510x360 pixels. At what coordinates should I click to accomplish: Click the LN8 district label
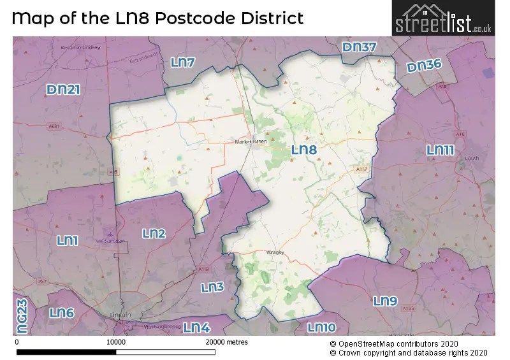click(x=303, y=150)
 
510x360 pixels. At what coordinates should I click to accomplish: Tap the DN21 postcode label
click(x=63, y=90)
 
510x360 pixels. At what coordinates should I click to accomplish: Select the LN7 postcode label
click(x=183, y=62)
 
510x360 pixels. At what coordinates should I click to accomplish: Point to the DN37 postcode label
click(x=359, y=47)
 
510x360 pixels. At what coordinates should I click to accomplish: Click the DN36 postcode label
click(x=424, y=67)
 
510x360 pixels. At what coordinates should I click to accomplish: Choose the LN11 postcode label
click(x=440, y=150)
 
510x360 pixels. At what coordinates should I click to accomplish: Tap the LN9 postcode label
click(x=385, y=301)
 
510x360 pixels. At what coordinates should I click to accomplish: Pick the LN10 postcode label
click(x=321, y=328)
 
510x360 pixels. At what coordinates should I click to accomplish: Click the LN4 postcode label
click(x=196, y=328)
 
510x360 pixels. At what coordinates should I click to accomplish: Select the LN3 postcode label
click(x=212, y=287)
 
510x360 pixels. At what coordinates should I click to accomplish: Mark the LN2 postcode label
click(x=154, y=234)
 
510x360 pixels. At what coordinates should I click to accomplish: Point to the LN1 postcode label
click(x=67, y=240)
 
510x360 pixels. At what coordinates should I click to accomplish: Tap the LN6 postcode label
click(x=61, y=313)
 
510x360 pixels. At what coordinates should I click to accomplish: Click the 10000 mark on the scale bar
click(x=115, y=342)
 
